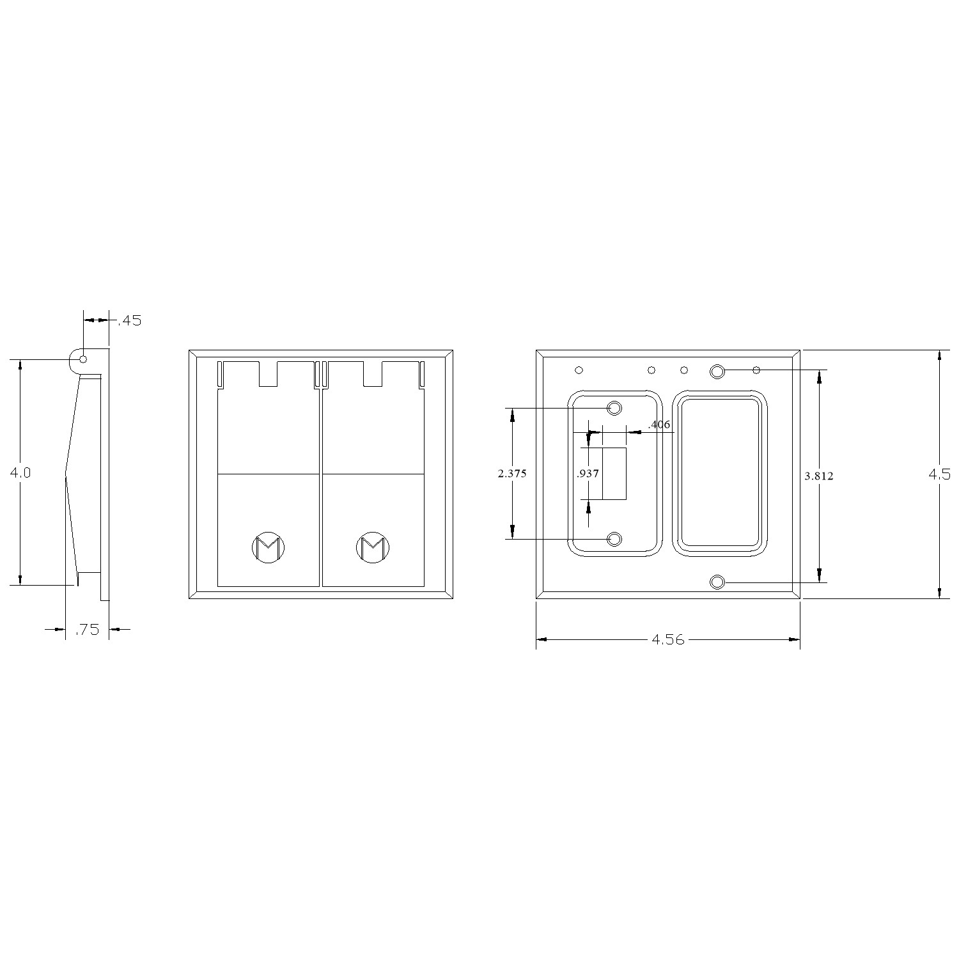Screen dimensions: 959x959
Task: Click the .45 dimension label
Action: pyautogui.click(x=130, y=321)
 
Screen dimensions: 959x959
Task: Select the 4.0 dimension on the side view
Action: pyautogui.click(x=20, y=473)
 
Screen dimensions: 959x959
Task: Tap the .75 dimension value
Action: pyautogui.click(x=87, y=630)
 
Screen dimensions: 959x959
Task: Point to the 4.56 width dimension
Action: pyautogui.click(x=667, y=639)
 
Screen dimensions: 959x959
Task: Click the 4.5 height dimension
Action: pyautogui.click(x=940, y=474)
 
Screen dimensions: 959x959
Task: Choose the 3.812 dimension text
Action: pyautogui.click(x=819, y=476)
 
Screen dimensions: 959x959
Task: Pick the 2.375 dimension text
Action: pyautogui.click(x=512, y=474)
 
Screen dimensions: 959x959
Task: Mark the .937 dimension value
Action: pyautogui.click(x=588, y=474)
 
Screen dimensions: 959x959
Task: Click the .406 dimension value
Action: pyautogui.click(x=659, y=425)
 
